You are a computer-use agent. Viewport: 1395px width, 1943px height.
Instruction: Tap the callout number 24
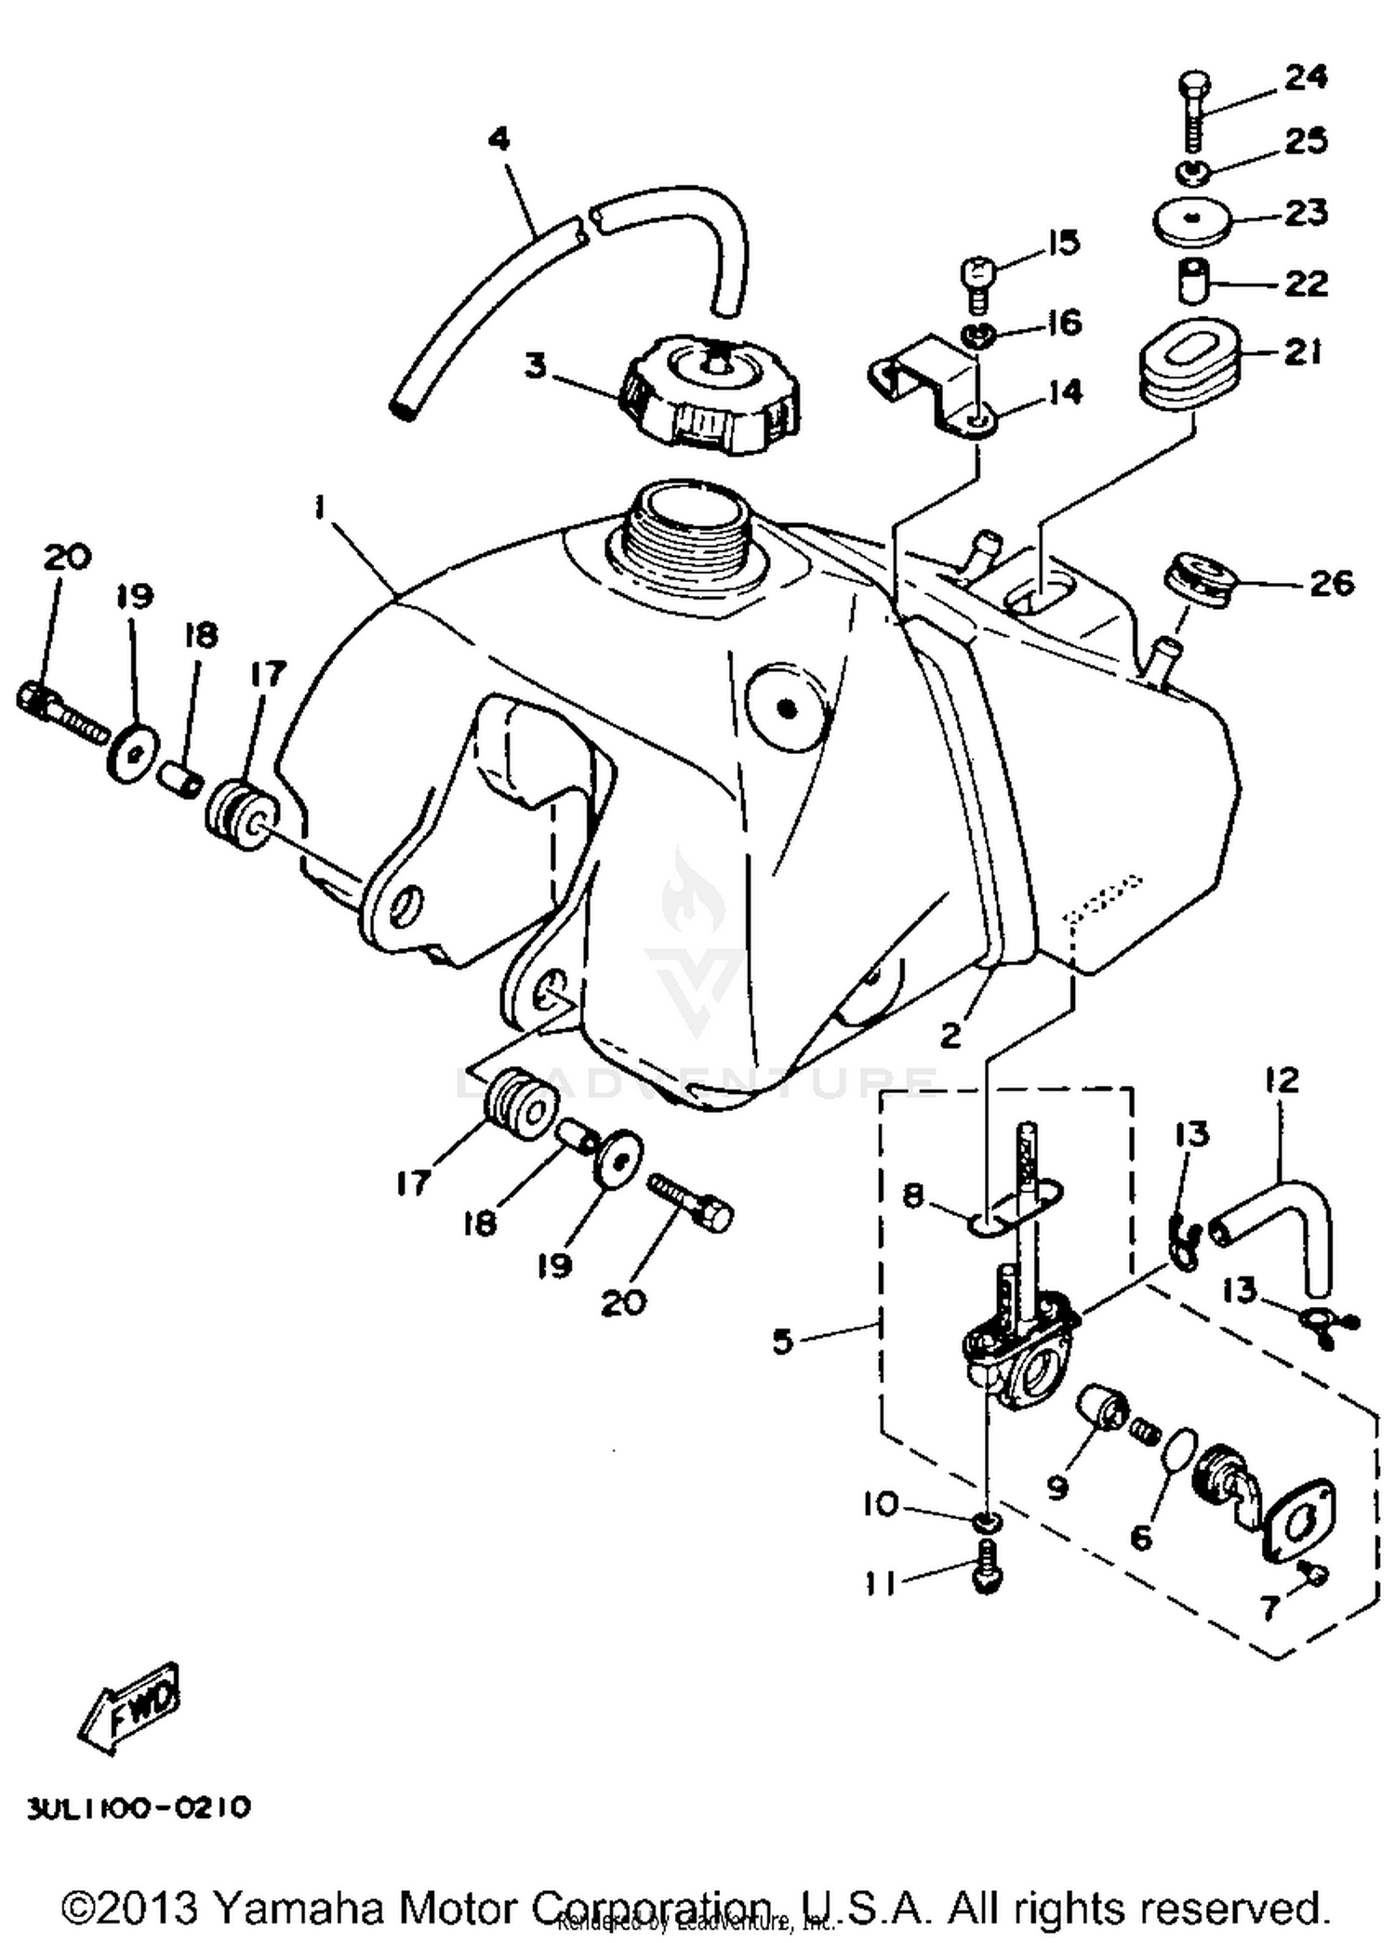(x=1305, y=77)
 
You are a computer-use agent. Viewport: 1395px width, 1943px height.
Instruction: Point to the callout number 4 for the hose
(x=498, y=139)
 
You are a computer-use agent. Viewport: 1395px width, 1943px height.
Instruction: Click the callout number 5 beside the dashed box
(x=783, y=1342)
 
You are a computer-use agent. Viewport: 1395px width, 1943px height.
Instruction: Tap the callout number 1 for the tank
(x=319, y=509)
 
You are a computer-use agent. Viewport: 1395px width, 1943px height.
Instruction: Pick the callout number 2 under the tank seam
(x=950, y=1035)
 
